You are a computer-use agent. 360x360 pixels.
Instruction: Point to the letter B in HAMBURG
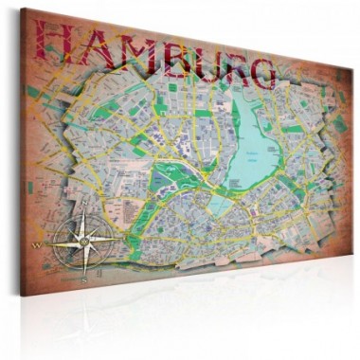pyautogui.click(x=186, y=59)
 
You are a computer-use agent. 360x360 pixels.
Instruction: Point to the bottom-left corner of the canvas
pyautogui.click(x=25, y=297)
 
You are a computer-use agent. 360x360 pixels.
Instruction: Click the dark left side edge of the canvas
pyautogui.click(x=21, y=152)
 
